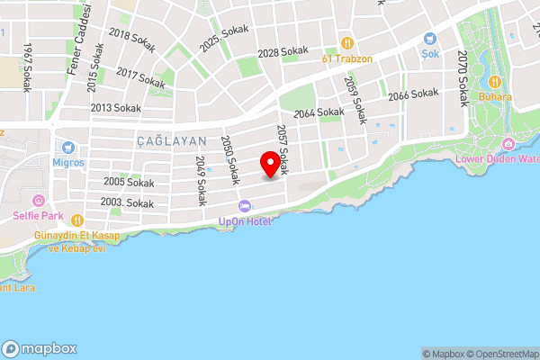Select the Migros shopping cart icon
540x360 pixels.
pos(67,146)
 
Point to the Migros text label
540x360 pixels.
pos(67,163)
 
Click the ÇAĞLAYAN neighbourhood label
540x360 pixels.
pos(172,141)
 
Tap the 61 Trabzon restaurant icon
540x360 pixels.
pos(346,43)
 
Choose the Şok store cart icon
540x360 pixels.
pos(429,40)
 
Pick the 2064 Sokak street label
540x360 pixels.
pos(319,112)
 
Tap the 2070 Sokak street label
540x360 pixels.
pos(461,78)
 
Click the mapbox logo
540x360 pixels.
pos(40,348)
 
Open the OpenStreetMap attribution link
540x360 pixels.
pos(501,354)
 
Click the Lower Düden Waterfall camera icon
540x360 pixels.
pos(508,144)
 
